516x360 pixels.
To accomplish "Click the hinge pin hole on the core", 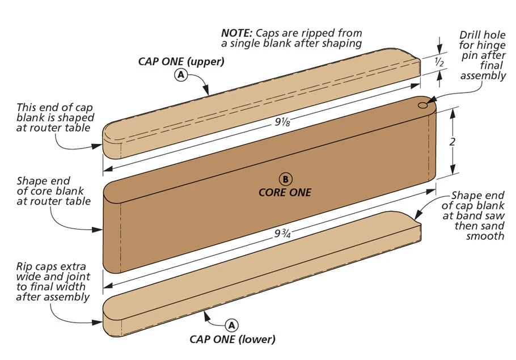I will [x=424, y=105].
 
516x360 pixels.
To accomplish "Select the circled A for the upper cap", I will [x=181, y=75].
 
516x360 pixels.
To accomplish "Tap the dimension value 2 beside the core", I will [x=452, y=143].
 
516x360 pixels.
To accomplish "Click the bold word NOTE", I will [x=236, y=33].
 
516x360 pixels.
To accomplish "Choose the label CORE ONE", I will [x=285, y=193].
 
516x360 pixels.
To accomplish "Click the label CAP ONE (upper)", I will [x=181, y=62].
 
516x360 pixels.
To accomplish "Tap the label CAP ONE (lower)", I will [x=232, y=340].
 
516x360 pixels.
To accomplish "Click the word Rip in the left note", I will [x=24, y=266].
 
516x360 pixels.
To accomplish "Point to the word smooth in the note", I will [x=485, y=236].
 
